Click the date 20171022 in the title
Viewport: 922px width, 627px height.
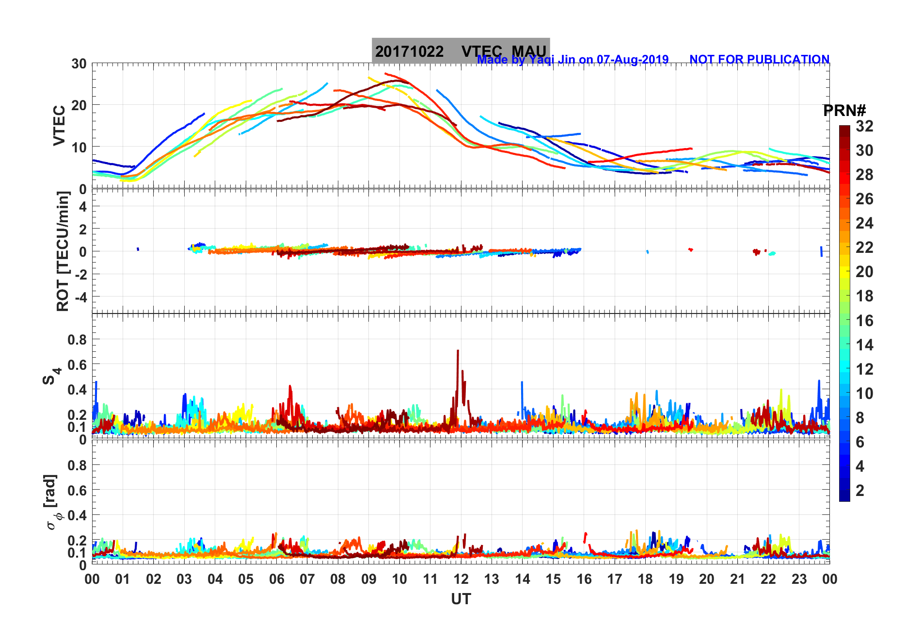coord(409,51)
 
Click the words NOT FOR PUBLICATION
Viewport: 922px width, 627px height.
coord(759,60)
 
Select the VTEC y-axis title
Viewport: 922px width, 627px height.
coord(59,125)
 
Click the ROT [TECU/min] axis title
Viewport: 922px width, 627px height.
coord(63,251)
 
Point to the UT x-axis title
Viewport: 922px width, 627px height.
coord(461,599)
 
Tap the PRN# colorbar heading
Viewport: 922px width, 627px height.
coord(844,111)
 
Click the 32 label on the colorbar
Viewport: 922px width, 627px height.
coord(864,126)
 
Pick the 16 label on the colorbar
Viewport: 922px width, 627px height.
coord(864,320)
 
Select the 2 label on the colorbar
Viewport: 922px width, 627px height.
coord(860,490)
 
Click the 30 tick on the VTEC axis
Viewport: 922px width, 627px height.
coord(79,64)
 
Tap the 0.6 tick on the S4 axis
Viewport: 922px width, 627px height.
coord(77,364)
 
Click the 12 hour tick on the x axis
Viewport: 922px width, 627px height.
coord(461,579)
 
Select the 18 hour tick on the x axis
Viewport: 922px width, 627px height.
coord(645,579)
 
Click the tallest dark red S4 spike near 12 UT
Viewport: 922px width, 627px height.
coord(458,351)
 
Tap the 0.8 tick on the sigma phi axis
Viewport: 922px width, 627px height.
coord(77,465)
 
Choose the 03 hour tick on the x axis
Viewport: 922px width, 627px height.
coord(184,579)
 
